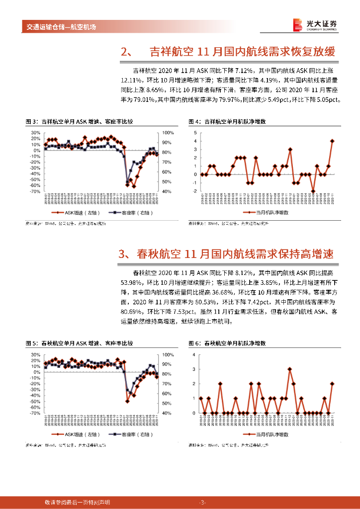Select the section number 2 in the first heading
125,52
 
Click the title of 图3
79,122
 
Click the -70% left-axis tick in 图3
35,191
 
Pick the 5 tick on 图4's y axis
196,133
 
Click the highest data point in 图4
332,141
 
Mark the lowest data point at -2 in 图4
313,191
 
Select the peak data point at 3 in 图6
290,369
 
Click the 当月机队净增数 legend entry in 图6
269,434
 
